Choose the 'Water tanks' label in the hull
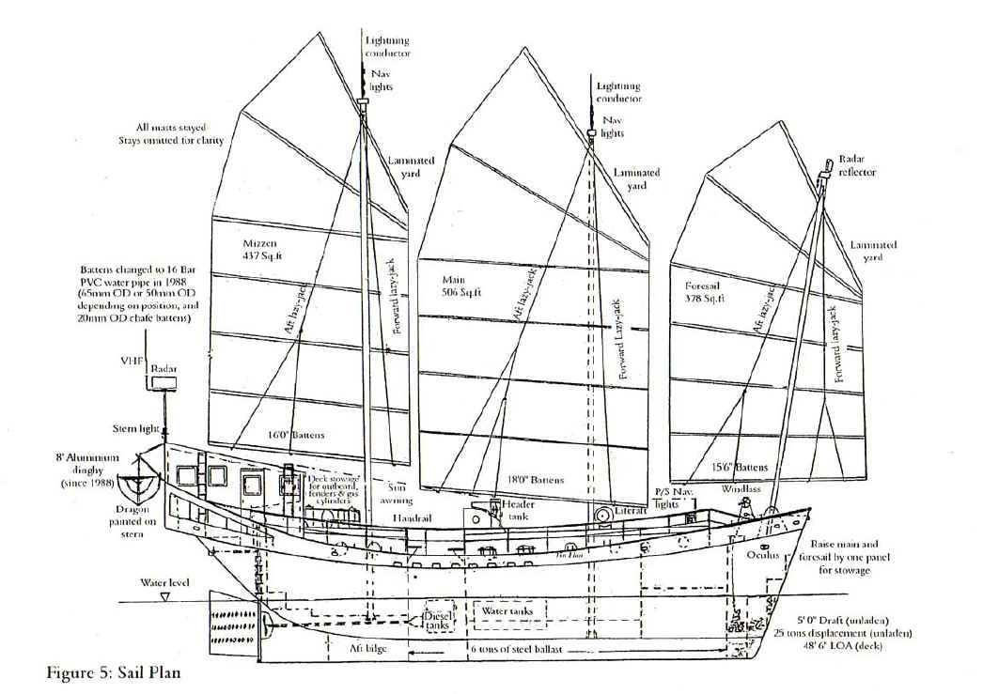click(x=507, y=611)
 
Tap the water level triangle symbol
click(x=165, y=596)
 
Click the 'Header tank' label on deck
click(x=518, y=508)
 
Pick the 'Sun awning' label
click(x=399, y=494)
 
